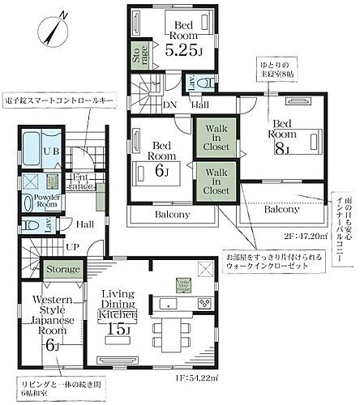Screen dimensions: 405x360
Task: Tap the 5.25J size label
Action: [x=182, y=49]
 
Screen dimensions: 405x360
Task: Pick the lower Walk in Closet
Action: [x=216, y=181]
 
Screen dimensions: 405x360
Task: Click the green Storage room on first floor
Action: [x=62, y=269]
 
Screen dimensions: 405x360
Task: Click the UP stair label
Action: [x=71, y=246]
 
